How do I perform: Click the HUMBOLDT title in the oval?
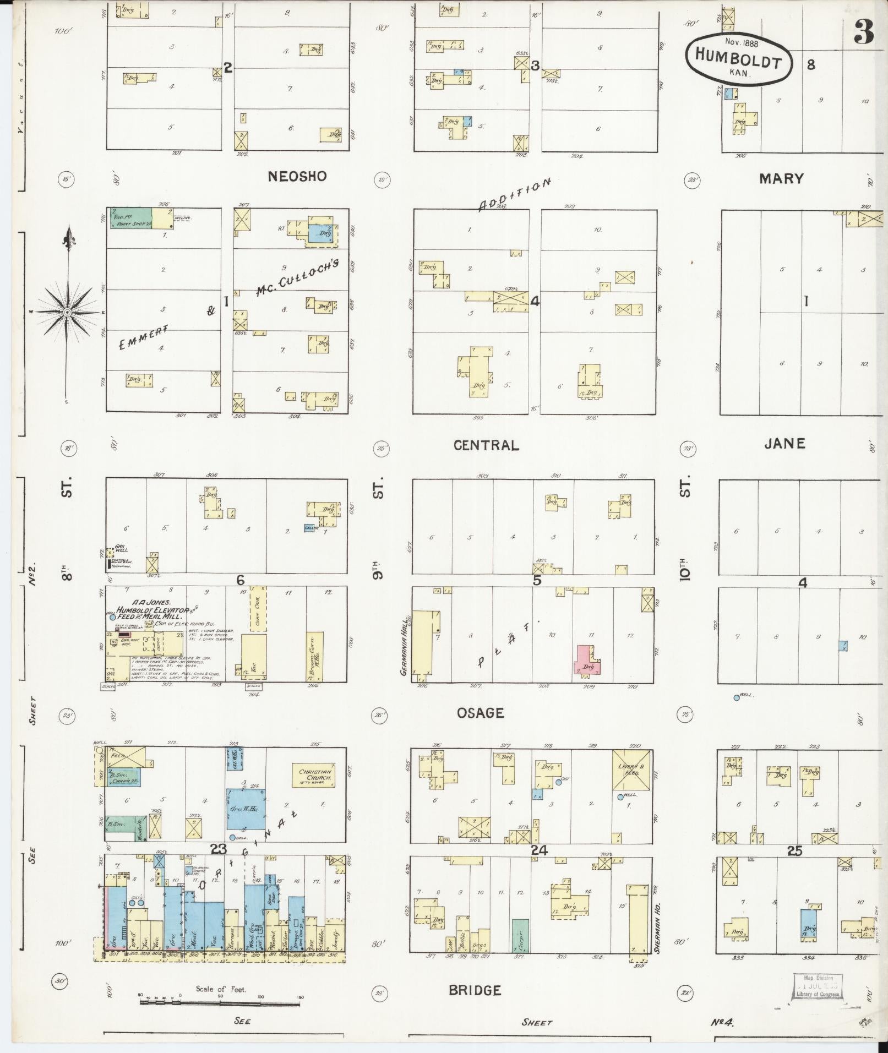tap(738, 58)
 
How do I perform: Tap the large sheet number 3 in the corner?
tap(864, 34)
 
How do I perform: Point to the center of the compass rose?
tap(67, 312)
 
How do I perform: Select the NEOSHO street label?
tap(297, 176)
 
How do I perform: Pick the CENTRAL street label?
tap(486, 445)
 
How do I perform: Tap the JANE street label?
tap(785, 444)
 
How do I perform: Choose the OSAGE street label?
tap(480, 713)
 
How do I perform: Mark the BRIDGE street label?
tap(475, 991)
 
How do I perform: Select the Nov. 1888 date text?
tap(742, 41)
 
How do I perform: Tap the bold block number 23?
tap(218, 865)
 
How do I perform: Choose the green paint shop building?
tap(130, 219)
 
